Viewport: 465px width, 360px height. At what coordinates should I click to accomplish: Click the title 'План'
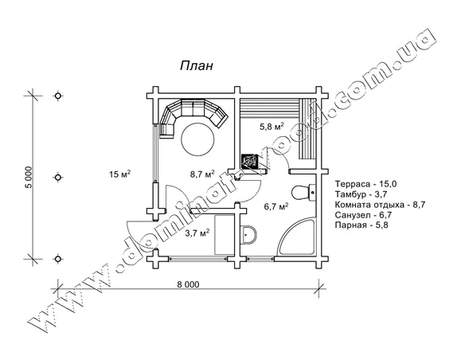click(197, 65)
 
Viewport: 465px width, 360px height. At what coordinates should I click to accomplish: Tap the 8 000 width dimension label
click(189, 284)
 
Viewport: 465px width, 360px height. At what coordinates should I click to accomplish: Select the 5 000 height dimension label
click(29, 178)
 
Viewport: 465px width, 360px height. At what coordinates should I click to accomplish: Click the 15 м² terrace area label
click(120, 174)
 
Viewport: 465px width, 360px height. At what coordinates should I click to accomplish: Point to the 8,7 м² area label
click(202, 174)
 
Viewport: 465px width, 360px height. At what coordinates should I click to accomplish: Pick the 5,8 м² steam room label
click(272, 127)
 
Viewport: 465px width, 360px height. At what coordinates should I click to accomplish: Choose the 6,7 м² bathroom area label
click(276, 206)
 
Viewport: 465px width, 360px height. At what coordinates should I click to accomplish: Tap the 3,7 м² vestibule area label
click(197, 233)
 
